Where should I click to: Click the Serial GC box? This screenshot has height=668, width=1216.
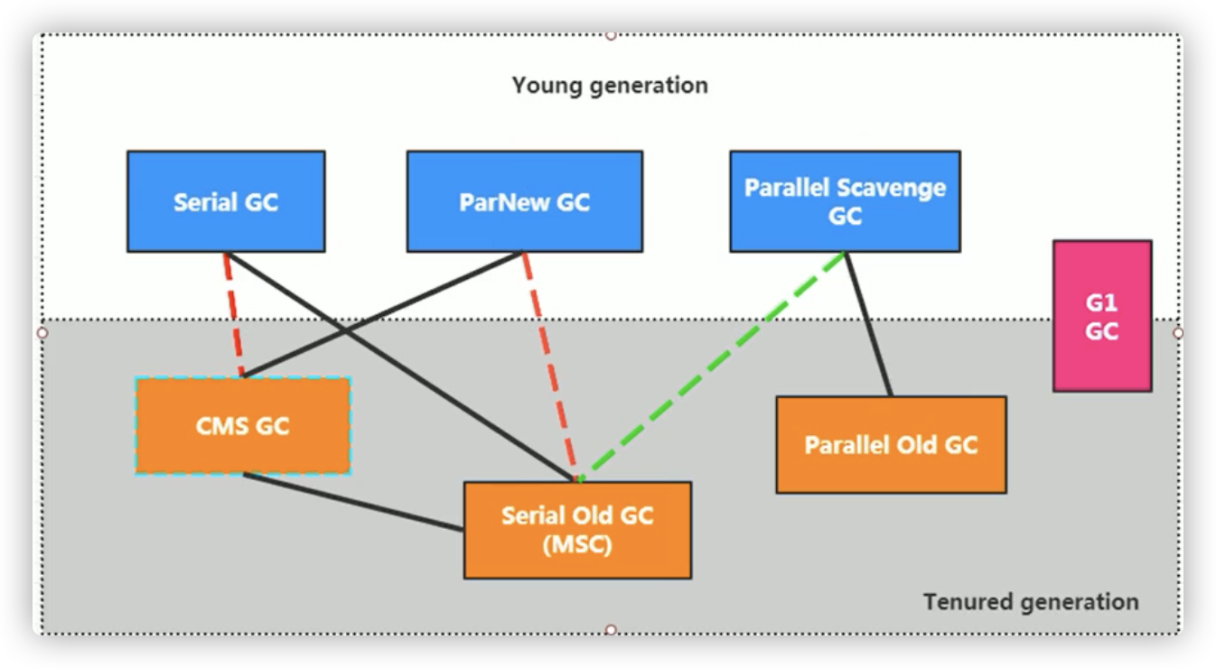(226, 201)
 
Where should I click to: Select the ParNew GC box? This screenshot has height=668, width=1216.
(524, 201)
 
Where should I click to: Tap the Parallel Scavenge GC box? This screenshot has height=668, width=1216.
(845, 201)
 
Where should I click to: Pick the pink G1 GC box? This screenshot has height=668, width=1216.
(1102, 316)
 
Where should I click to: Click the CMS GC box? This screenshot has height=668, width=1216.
(242, 426)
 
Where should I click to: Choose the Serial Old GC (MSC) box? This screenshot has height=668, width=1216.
(577, 530)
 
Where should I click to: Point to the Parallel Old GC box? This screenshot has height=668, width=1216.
(891, 445)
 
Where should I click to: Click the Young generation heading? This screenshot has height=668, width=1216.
(610, 86)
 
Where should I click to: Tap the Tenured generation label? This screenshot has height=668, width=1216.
(1031, 601)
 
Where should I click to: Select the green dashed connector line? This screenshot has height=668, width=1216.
(714, 366)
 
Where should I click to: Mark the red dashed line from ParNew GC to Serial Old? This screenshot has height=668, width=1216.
(549, 366)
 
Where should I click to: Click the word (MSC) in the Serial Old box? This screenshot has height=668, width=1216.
(577, 545)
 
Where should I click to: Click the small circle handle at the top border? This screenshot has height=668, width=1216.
(611, 35)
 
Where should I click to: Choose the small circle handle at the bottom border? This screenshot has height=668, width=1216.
(611, 629)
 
